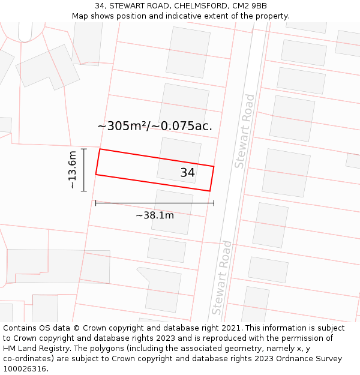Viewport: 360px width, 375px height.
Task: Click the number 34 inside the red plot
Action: [x=187, y=173]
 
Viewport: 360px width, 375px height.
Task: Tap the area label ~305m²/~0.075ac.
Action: [x=155, y=126]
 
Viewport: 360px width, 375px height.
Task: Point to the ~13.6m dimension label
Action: [x=72, y=170]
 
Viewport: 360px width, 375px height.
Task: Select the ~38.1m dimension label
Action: [x=155, y=215]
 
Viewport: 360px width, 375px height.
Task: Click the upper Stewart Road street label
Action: [x=245, y=131]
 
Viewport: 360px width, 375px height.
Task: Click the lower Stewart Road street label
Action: [x=221, y=277]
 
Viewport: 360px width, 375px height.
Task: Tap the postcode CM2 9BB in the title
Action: [x=251, y=6]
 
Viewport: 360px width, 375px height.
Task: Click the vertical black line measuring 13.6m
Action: [x=84, y=170]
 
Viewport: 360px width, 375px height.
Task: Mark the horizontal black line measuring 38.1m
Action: [x=155, y=203]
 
